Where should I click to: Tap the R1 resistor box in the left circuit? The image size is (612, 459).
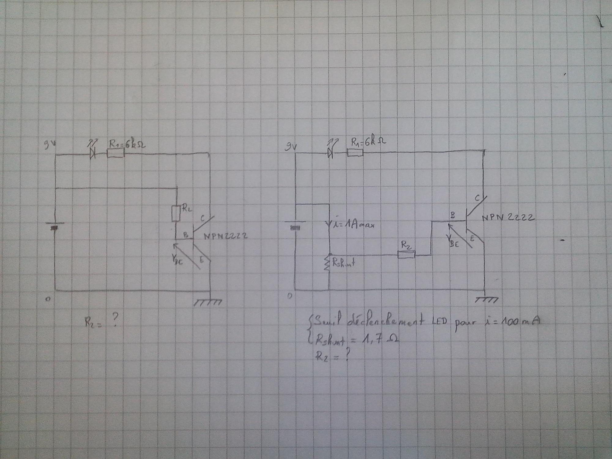[x=116, y=153]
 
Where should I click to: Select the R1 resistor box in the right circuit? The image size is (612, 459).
[x=355, y=152]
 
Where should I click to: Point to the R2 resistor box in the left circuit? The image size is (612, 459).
[x=176, y=214]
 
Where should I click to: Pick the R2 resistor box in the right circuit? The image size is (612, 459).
[x=406, y=254]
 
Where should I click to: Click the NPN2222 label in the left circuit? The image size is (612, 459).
[x=226, y=236]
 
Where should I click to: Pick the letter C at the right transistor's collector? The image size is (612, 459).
[x=478, y=198]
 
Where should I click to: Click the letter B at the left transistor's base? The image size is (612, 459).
[x=185, y=235]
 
